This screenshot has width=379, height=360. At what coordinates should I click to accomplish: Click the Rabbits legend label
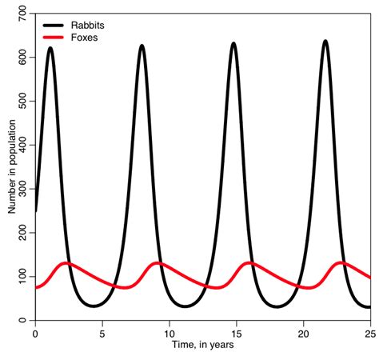point(87,26)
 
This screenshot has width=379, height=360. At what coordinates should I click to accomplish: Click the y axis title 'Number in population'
point(10,167)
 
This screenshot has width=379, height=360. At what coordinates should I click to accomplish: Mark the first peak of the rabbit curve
point(50,48)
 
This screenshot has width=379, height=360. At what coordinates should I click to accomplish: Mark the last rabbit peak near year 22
point(325,41)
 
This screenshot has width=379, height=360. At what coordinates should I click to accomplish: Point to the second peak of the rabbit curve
point(142,46)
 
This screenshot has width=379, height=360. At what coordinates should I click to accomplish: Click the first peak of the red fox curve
point(67,262)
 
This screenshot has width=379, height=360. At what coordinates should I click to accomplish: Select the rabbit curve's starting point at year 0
point(35,210)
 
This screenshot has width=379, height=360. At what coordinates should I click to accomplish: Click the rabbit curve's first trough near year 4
point(94,306)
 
